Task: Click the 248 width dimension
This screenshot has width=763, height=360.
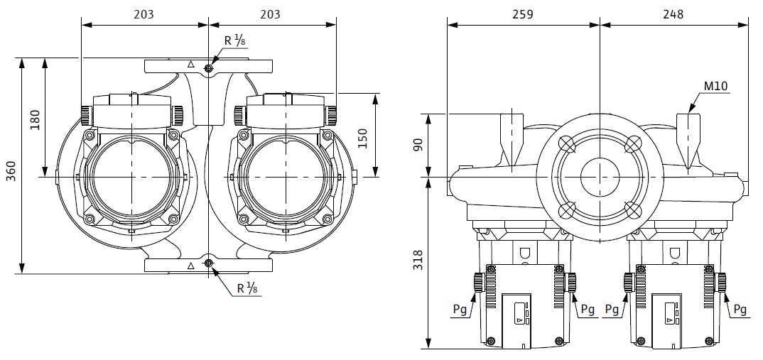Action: click(x=673, y=14)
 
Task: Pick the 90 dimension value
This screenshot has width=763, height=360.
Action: click(x=418, y=145)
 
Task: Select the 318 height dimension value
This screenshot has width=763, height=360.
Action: click(x=418, y=262)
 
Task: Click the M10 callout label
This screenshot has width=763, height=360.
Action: click(x=715, y=87)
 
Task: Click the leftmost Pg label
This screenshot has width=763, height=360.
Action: click(x=459, y=309)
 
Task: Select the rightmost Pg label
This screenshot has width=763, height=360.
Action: click(x=740, y=309)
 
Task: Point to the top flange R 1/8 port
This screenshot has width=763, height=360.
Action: click(x=208, y=69)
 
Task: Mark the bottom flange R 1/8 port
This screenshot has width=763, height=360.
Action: click(x=208, y=264)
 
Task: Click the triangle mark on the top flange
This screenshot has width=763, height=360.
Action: click(x=190, y=65)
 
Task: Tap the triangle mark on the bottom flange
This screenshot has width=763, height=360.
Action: click(x=190, y=266)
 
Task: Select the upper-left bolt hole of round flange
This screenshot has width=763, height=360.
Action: click(x=567, y=143)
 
